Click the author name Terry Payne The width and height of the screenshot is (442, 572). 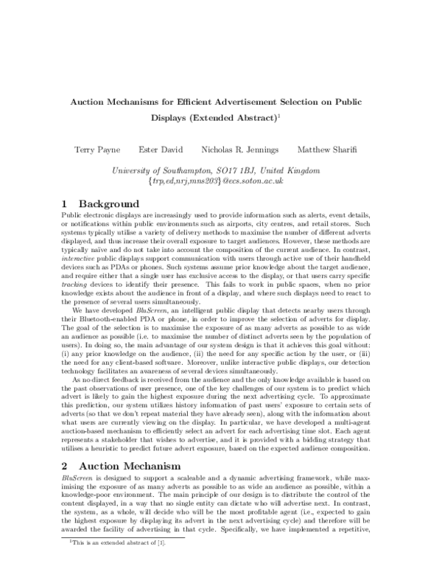97,150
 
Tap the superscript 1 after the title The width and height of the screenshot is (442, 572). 280,114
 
